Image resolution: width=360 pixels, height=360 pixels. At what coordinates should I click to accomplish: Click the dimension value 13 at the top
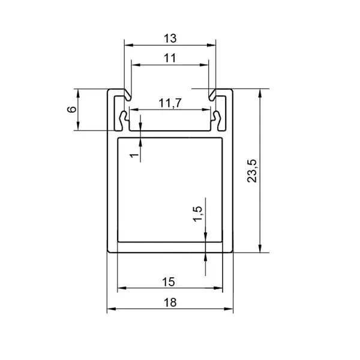click(170, 38)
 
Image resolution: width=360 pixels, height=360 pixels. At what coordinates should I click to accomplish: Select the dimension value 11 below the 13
click(170, 58)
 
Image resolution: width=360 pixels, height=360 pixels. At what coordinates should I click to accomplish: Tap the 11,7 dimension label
click(170, 103)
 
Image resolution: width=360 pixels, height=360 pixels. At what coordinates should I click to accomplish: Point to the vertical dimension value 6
click(71, 109)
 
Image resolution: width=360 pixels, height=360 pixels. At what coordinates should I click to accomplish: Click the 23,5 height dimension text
click(252, 170)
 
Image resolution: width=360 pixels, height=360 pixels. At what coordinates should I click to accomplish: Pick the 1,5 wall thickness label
click(197, 214)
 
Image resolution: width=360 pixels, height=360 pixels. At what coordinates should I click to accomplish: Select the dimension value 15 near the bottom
click(169, 282)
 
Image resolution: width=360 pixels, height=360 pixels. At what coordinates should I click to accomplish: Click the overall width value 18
click(170, 302)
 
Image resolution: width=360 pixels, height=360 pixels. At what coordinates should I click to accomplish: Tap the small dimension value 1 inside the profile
click(134, 155)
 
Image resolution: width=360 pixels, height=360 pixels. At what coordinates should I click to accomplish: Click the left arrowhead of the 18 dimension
click(112, 309)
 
